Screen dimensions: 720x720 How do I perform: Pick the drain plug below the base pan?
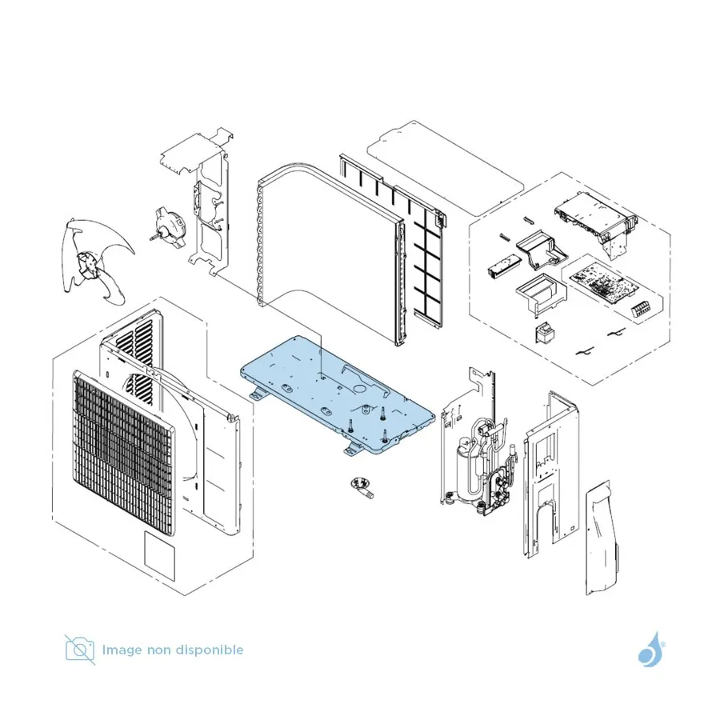(362, 487)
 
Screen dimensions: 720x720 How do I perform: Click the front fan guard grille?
(123, 453)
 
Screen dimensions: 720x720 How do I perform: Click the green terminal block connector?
(641, 310)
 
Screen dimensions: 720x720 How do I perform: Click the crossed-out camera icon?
(80, 650)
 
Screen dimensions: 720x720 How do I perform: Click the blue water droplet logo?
(651, 648)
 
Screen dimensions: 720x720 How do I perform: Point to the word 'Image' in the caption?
(122, 650)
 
